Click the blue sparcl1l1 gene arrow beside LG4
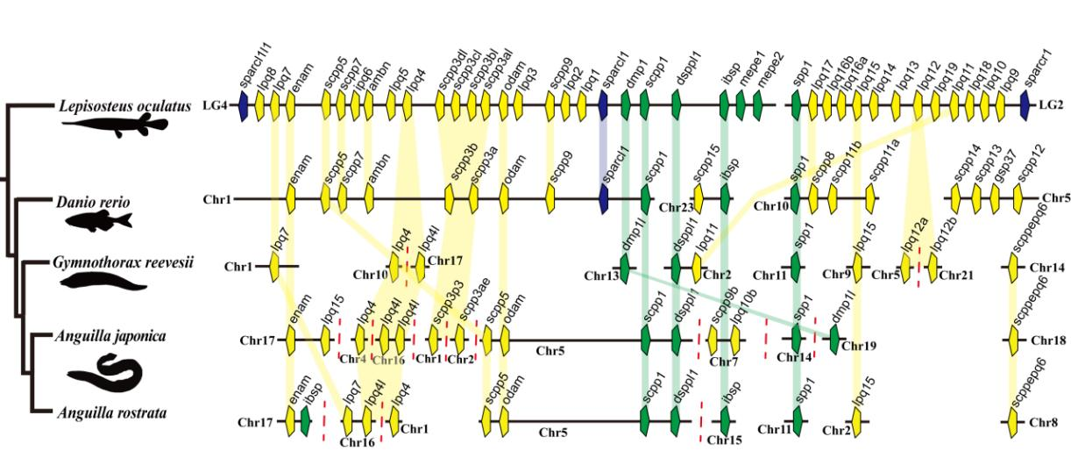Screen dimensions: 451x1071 pos(245,107)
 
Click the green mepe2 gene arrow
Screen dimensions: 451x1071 pos(757,107)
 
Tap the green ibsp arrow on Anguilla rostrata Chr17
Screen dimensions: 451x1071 pos(306,421)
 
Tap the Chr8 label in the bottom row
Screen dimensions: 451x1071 pos(1042,422)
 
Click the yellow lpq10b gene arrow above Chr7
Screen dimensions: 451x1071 pos(734,338)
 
